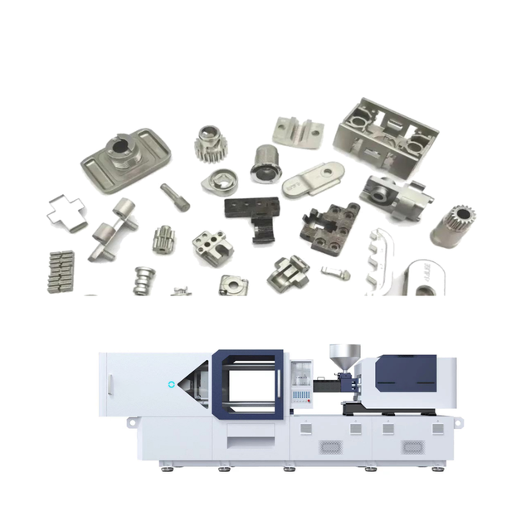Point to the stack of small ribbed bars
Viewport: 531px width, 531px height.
pos(60,269)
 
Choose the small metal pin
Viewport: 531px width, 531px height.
pos(175,196)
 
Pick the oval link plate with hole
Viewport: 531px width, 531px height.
pos(313,178)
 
